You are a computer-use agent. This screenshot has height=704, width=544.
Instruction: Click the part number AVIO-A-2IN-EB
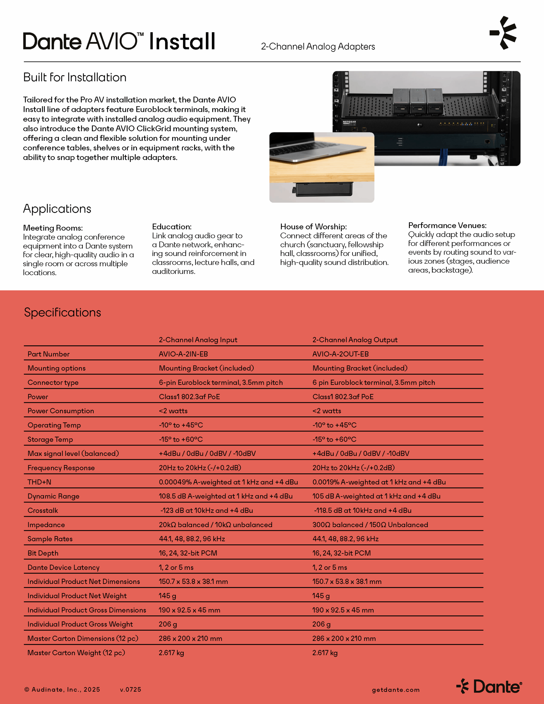coord(183,354)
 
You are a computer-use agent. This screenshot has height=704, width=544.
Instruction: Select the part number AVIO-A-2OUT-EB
coord(340,354)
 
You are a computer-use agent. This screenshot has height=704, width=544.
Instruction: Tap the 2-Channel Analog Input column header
coord(198,340)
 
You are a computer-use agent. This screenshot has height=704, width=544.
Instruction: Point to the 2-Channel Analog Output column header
coord(355,340)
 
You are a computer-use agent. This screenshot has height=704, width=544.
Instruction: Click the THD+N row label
coord(39,482)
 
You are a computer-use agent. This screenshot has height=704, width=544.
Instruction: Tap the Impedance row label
coord(46,525)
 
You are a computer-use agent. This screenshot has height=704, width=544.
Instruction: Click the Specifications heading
coord(62,312)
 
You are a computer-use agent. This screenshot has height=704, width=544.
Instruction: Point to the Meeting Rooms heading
coord(53,228)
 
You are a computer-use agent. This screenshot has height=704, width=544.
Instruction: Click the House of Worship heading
coord(313,227)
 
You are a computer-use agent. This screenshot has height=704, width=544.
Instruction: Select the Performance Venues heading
coord(447,225)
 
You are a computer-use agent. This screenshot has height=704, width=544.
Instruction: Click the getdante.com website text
coord(396,689)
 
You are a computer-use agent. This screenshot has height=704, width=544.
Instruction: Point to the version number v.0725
coord(131,689)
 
